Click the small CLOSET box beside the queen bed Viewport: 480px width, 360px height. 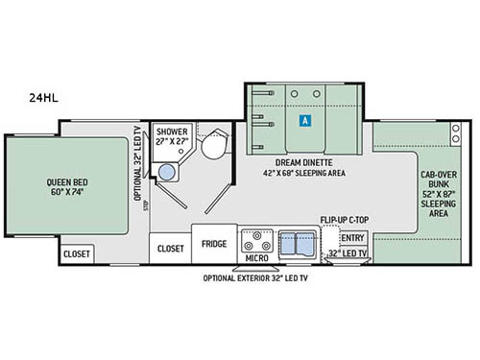[x=77, y=253]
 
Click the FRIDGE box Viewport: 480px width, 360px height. [x=213, y=244]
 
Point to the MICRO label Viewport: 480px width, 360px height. [x=254, y=258]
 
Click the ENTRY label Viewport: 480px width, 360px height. [x=353, y=237]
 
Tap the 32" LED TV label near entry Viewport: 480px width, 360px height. [x=347, y=254]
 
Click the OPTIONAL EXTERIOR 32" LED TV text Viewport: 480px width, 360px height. [x=255, y=278]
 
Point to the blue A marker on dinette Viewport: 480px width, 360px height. [x=304, y=122]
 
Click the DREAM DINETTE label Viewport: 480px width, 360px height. [x=303, y=162]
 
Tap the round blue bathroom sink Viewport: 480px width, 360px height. [x=168, y=172]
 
